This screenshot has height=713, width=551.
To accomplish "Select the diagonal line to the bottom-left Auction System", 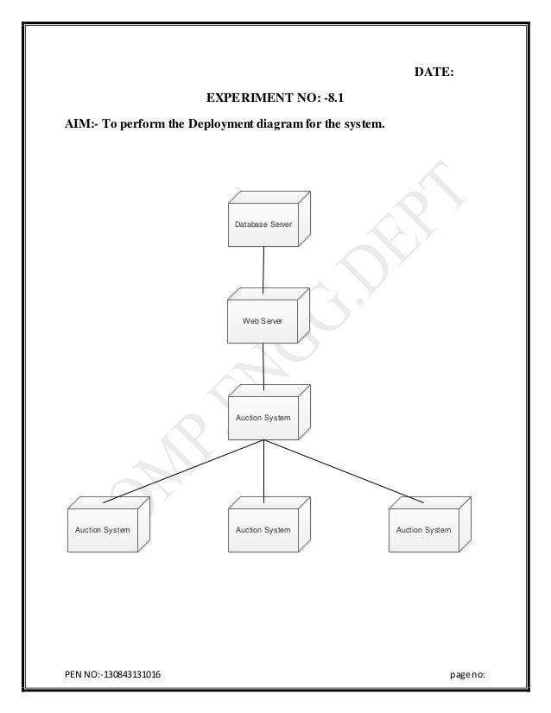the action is pos(181,470).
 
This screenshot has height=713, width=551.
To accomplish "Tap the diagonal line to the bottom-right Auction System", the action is pos(345,470).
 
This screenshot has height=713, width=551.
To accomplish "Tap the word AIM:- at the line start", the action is pos(82,125).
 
